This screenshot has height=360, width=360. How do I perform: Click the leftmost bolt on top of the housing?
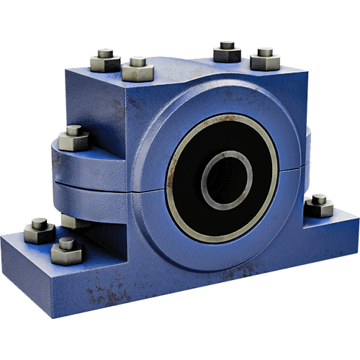[106, 58]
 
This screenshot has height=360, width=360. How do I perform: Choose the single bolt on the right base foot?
[319, 205]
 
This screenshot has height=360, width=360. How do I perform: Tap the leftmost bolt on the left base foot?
[40, 230]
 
